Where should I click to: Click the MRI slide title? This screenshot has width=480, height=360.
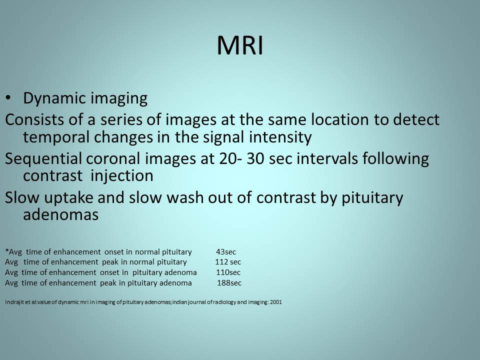coord(240,46)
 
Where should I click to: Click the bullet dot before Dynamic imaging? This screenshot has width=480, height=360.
coord(8,98)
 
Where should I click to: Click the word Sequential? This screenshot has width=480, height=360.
coord(43,159)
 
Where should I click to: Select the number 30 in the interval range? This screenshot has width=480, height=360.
coord(255,158)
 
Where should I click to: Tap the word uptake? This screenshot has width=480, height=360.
coord(68,198)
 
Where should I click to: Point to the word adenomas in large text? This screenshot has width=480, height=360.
coord(60,214)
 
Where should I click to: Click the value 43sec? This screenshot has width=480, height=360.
coord(226,252)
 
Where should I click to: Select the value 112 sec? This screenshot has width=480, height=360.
coord(228,262)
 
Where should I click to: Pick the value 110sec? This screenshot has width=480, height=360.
coord(228,272)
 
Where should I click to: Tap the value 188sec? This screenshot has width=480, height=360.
coord(229,283)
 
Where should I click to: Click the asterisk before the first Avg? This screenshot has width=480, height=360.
coord(6,250)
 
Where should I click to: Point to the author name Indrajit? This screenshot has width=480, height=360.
coord(12,302)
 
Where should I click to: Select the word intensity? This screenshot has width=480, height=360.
coord(280,137)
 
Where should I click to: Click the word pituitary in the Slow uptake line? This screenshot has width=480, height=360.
coord(372,198)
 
